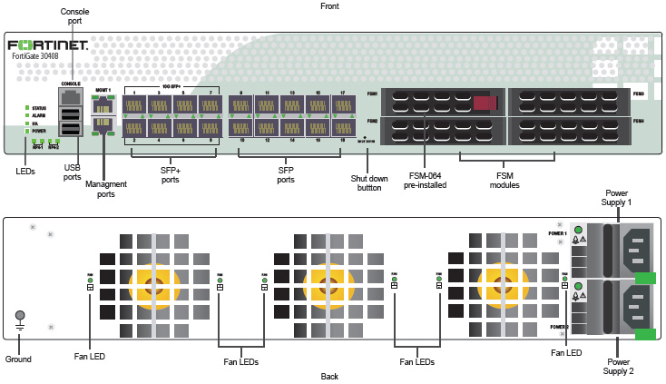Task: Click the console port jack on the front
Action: coord(71,96)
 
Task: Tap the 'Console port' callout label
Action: coord(74,15)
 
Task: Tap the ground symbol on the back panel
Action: coord(19,319)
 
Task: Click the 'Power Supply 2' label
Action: coord(618,366)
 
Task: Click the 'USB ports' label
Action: coord(72,172)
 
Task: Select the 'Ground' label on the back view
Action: coord(18,359)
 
